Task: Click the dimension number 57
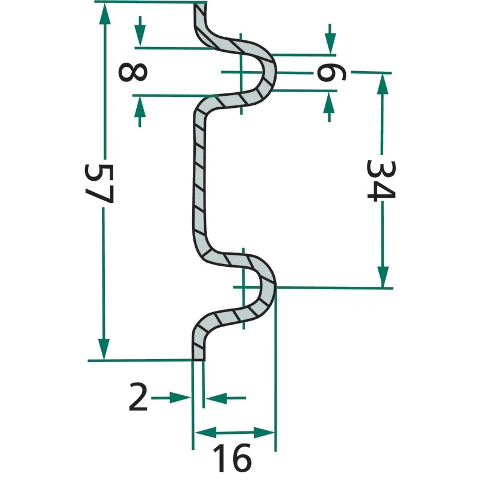point(99,184)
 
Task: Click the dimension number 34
point(381,180)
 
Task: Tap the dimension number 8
point(133,72)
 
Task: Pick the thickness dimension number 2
point(138,397)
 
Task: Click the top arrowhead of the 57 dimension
point(105,14)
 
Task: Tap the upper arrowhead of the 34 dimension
point(383,84)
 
